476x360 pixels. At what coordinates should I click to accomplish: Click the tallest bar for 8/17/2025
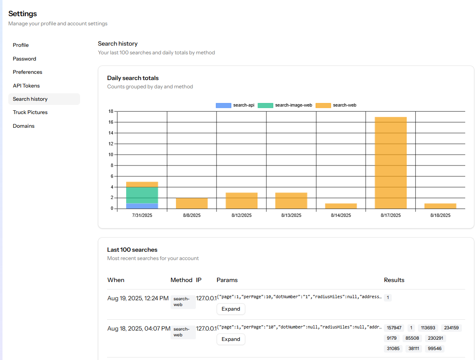(x=391, y=163)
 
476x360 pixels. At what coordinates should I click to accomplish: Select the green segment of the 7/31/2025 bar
(x=142, y=195)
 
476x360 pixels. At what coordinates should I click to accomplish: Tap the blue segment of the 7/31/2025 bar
(x=142, y=206)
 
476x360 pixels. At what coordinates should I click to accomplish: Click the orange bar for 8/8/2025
(x=192, y=203)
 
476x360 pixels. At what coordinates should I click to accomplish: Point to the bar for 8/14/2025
(x=341, y=206)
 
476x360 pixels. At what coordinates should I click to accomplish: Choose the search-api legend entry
(x=235, y=105)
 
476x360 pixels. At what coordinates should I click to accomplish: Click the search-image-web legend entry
(x=285, y=105)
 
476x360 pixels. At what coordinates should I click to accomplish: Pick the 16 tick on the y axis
(x=110, y=122)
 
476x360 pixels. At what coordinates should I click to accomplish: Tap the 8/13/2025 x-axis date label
(x=291, y=216)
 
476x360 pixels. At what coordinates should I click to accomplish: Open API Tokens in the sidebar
(x=26, y=86)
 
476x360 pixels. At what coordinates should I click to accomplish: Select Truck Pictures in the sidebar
(x=30, y=112)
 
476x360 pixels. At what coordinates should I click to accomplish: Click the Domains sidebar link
(x=24, y=126)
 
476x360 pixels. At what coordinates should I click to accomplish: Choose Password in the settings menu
(x=24, y=59)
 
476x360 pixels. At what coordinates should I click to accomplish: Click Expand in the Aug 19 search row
(x=231, y=309)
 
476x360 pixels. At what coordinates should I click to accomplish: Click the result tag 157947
(x=394, y=328)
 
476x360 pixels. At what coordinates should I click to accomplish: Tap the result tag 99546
(x=435, y=349)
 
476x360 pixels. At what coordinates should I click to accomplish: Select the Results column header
(x=394, y=280)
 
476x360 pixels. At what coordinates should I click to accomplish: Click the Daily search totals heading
(x=133, y=78)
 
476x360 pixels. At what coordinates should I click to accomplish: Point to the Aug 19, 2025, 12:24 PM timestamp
(x=138, y=298)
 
